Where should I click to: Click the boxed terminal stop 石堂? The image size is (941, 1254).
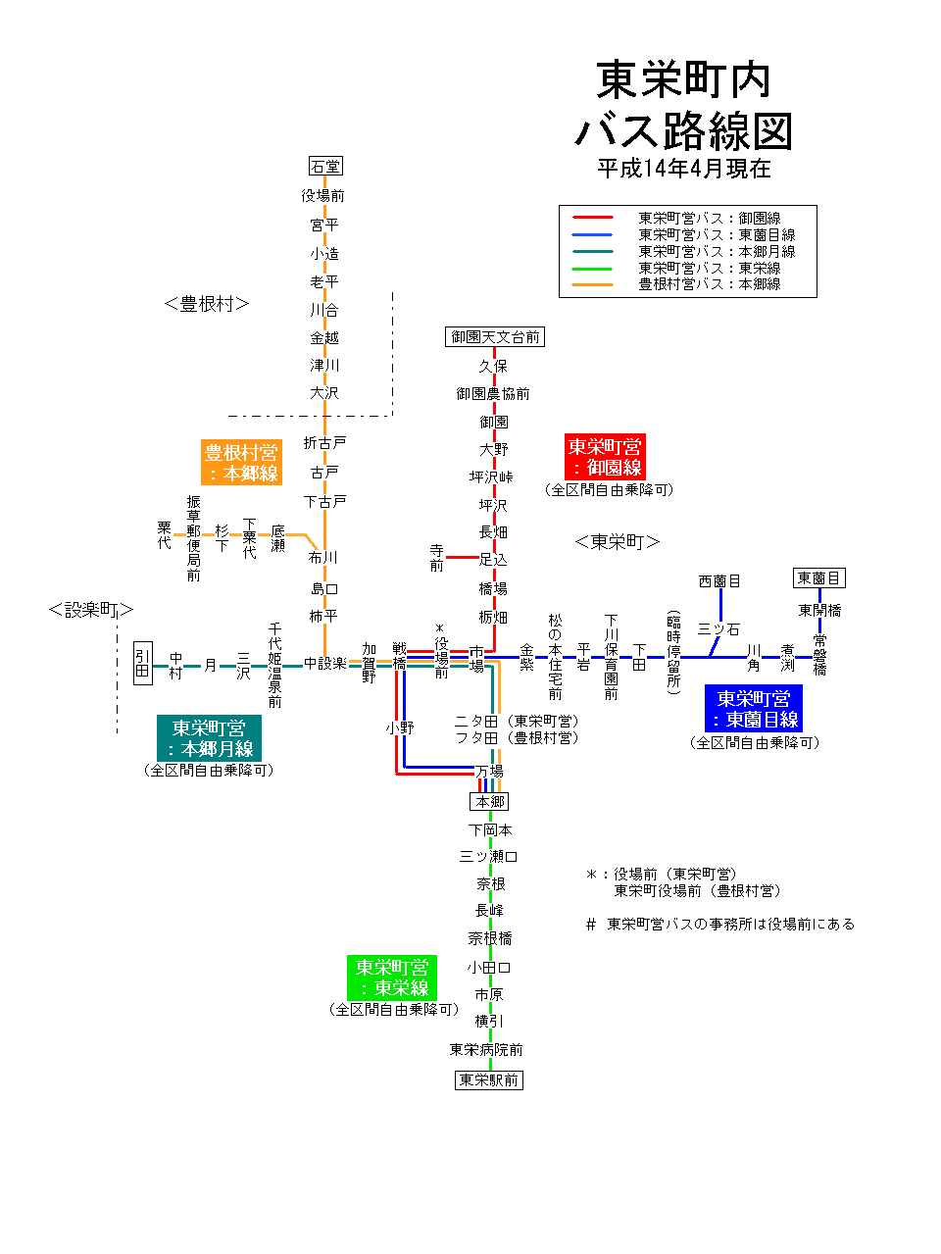[x=325, y=167]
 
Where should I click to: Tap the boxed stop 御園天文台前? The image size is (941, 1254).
[x=494, y=337]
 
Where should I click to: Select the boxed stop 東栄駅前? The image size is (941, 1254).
[x=489, y=1079]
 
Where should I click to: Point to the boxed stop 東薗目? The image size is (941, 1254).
[x=818, y=578]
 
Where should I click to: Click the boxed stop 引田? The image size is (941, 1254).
[x=143, y=663]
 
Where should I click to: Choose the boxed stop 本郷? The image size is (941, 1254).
[x=489, y=801]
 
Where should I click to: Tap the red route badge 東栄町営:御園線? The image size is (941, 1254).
[x=605, y=458]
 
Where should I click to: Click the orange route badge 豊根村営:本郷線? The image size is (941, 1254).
[x=241, y=463]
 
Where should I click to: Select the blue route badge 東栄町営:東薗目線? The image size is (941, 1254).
[x=753, y=709]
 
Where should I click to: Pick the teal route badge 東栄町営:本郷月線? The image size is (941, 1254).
[x=209, y=738]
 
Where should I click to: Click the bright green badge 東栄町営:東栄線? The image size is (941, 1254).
[x=392, y=978]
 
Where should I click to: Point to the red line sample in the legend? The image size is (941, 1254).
[x=592, y=218]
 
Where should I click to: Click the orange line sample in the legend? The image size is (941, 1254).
[x=592, y=284]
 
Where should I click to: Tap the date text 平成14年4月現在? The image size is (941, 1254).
[x=683, y=169]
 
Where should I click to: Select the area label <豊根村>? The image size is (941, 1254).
[x=207, y=304]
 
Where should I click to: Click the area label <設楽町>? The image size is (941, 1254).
[x=90, y=610]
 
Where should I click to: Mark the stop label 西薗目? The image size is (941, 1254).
[x=719, y=581]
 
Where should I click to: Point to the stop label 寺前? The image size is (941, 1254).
[x=436, y=558]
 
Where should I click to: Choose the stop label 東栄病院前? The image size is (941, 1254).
[x=486, y=1050]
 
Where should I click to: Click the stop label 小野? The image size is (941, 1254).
[x=400, y=727]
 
